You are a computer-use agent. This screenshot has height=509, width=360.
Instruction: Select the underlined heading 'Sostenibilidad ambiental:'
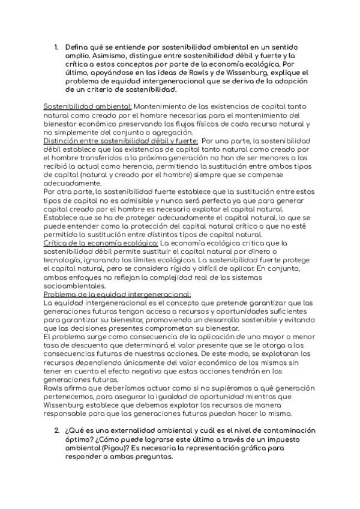pyautogui.click(x=88, y=106)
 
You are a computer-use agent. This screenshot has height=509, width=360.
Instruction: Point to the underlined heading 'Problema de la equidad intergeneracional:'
pyautogui.click(x=117, y=294)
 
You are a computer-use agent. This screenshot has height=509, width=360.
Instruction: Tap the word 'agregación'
pyautogui.click(x=169, y=132)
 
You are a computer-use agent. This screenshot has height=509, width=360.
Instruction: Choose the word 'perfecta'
pyautogui.click(x=202, y=200)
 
